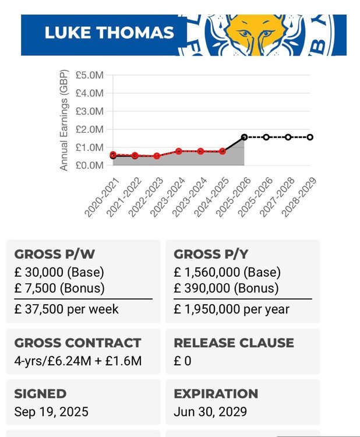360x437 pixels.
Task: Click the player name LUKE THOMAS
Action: (x=110, y=32)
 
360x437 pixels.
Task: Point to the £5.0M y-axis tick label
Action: (x=90, y=75)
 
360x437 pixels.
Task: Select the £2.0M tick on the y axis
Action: (x=90, y=129)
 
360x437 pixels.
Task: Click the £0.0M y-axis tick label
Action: (x=90, y=165)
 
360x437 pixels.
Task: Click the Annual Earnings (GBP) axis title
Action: (x=64, y=120)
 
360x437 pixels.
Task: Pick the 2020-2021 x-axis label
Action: (x=102, y=197)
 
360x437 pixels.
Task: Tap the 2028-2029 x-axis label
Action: (x=299, y=197)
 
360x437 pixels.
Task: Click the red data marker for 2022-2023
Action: (x=157, y=156)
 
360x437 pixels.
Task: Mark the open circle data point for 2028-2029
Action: (x=310, y=137)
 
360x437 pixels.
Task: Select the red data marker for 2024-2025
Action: (x=223, y=151)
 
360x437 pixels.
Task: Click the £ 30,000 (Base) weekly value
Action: (x=59, y=272)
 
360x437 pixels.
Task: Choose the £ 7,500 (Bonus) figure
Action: (x=59, y=288)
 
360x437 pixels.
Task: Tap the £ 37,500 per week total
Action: (x=66, y=309)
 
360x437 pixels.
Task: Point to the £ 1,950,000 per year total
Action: (x=231, y=309)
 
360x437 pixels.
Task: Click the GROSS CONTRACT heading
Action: (x=77, y=343)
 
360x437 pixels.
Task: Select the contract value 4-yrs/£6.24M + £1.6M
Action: (x=78, y=361)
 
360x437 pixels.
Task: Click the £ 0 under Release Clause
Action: (x=182, y=361)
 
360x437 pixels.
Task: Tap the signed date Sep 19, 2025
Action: (x=51, y=411)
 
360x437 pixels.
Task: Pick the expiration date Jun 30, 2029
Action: (x=210, y=411)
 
